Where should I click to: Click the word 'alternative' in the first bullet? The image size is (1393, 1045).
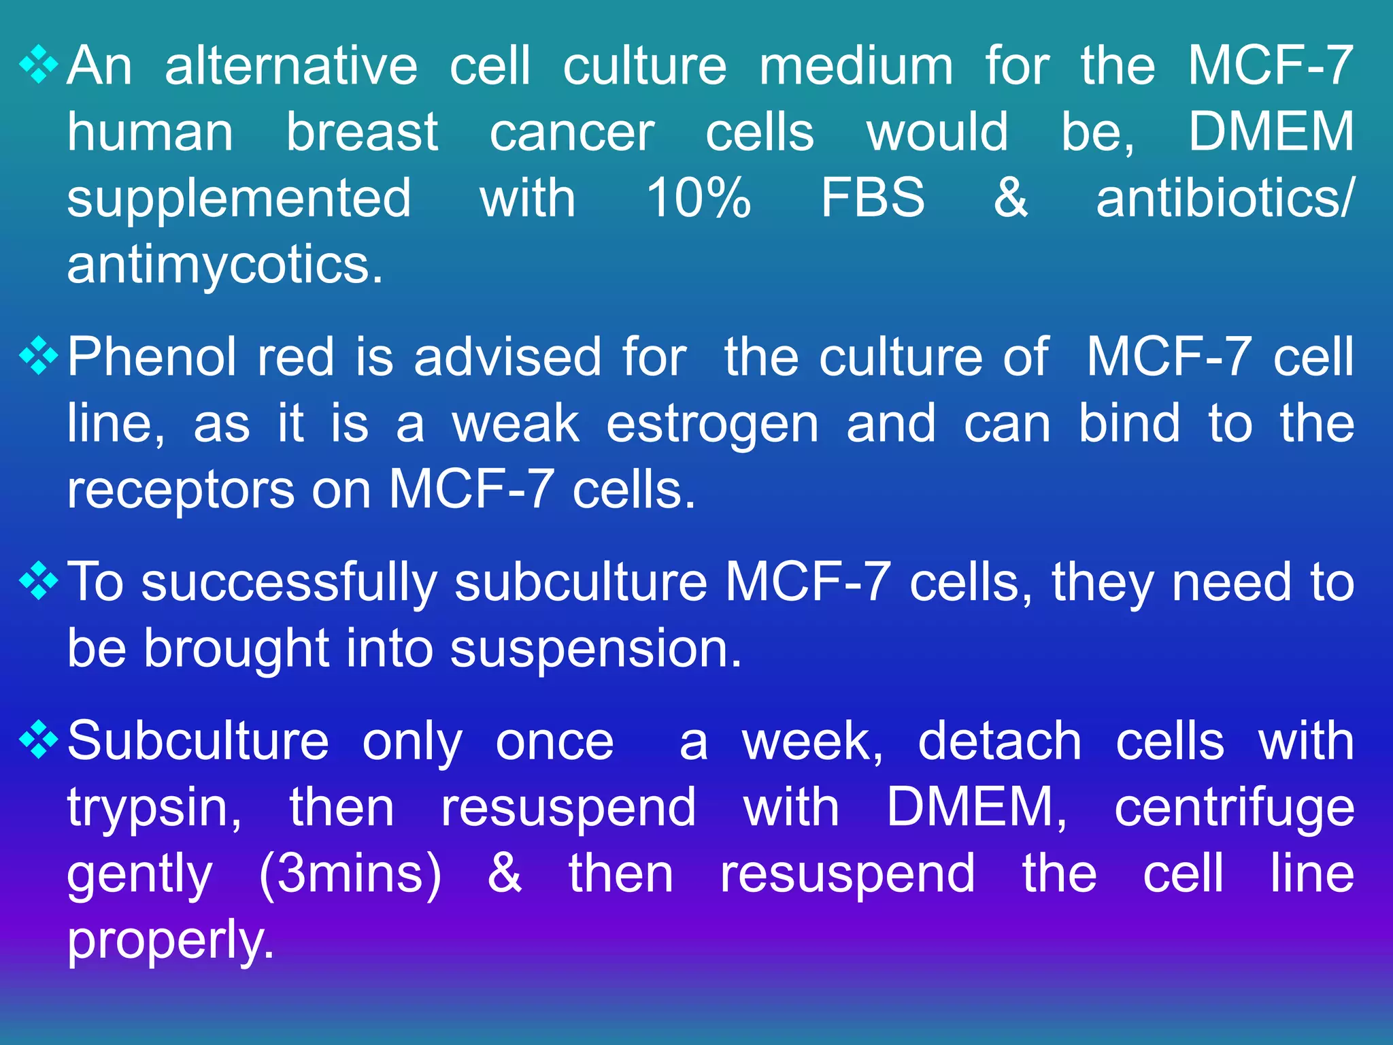291,66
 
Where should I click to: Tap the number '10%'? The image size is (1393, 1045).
698,198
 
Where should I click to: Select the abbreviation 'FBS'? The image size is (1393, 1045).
873,198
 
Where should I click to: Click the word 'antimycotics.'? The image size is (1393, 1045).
225,265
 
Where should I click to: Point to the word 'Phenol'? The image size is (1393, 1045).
152,357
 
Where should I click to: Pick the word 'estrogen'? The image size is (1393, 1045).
712,425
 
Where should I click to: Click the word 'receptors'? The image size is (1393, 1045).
180,490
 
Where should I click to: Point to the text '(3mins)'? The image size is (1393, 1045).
350,874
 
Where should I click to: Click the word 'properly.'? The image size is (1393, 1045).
171,941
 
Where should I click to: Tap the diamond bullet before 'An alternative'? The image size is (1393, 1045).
39,65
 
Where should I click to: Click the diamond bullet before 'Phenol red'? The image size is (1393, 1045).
39,356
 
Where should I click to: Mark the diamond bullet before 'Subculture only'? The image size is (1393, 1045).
39,740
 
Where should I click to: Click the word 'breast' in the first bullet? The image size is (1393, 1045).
362,132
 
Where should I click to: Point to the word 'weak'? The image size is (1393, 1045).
516,424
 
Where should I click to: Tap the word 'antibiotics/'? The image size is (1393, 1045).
1225,198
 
